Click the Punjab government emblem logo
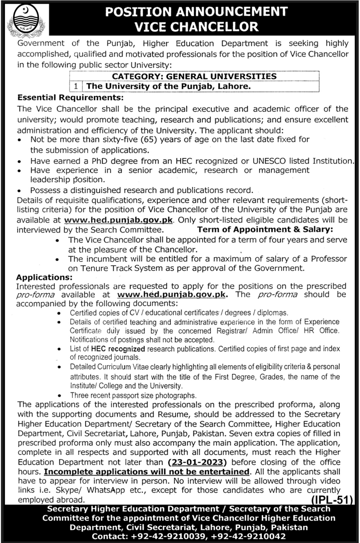(x=27, y=20)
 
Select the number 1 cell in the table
(x=75, y=85)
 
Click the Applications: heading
(x=44, y=277)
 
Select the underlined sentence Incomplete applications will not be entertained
(x=147, y=472)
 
